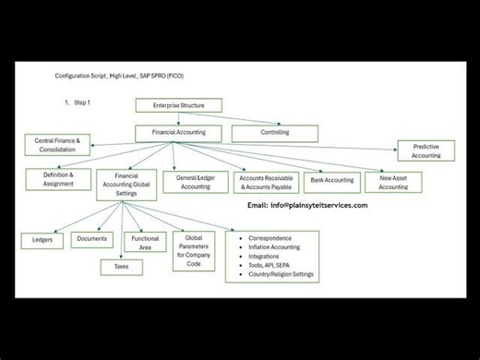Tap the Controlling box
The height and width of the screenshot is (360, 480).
click(273, 133)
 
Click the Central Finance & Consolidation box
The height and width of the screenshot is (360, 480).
click(57, 145)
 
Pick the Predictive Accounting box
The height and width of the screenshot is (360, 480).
click(426, 150)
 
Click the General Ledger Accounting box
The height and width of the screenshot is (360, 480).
click(196, 182)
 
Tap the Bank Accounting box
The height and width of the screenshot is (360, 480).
click(331, 180)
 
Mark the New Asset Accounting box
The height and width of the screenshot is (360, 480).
click(393, 182)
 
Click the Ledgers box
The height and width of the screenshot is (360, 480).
click(42, 240)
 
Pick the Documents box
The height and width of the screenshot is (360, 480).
click(91, 240)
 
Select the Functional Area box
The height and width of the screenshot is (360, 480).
click(145, 244)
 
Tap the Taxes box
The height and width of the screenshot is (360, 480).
click(122, 267)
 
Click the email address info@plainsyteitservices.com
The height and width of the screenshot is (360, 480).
click(318, 205)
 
